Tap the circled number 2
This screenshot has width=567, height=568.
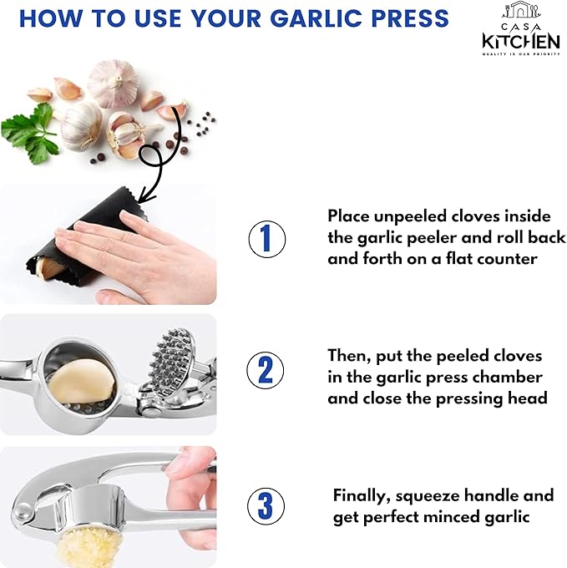(x=266, y=369)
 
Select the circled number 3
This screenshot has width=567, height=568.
(x=266, y=506)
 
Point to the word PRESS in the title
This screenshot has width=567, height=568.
(x=404, y=18)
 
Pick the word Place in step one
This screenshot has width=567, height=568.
(x=348, y=216)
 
